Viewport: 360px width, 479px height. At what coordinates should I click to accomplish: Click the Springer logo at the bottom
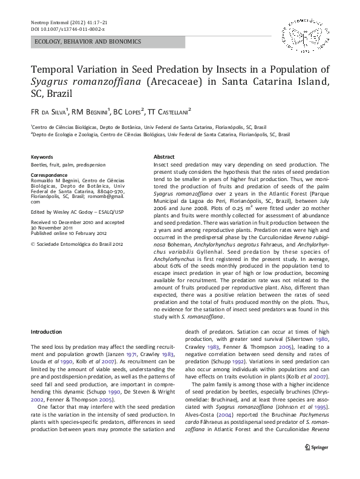[x=317, y=464]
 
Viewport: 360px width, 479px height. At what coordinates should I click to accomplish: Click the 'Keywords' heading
[x=42, y=157]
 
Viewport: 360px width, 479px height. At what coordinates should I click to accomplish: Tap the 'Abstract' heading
[x=165, y=157]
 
